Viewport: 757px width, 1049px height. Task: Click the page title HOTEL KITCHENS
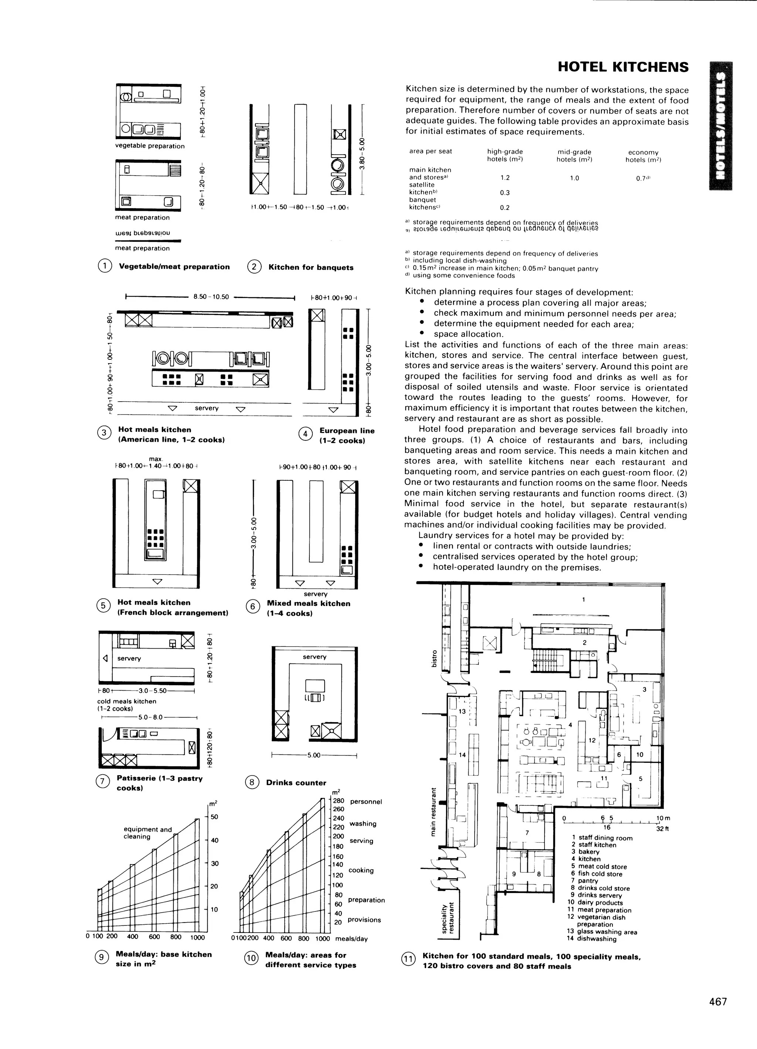[x=623, y=67]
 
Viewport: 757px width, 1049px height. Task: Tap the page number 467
[x=718, y=1001]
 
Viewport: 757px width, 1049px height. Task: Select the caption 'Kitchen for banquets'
[x=311, y=267]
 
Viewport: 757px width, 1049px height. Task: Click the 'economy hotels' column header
[x=643, y=156]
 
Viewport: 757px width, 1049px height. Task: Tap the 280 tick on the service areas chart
[x=339, y=801]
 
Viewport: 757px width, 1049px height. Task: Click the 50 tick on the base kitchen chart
[x=214, y=817]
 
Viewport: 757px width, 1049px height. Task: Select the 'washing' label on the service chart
[x=363, y=823]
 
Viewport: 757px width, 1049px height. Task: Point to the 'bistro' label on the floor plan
[x=434, y=659]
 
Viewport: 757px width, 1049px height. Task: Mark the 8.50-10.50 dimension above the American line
[x=211, y=297]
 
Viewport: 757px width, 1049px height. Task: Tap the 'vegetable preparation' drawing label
[x=150, y=146]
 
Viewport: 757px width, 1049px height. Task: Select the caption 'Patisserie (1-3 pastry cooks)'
[x=160, y=783]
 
